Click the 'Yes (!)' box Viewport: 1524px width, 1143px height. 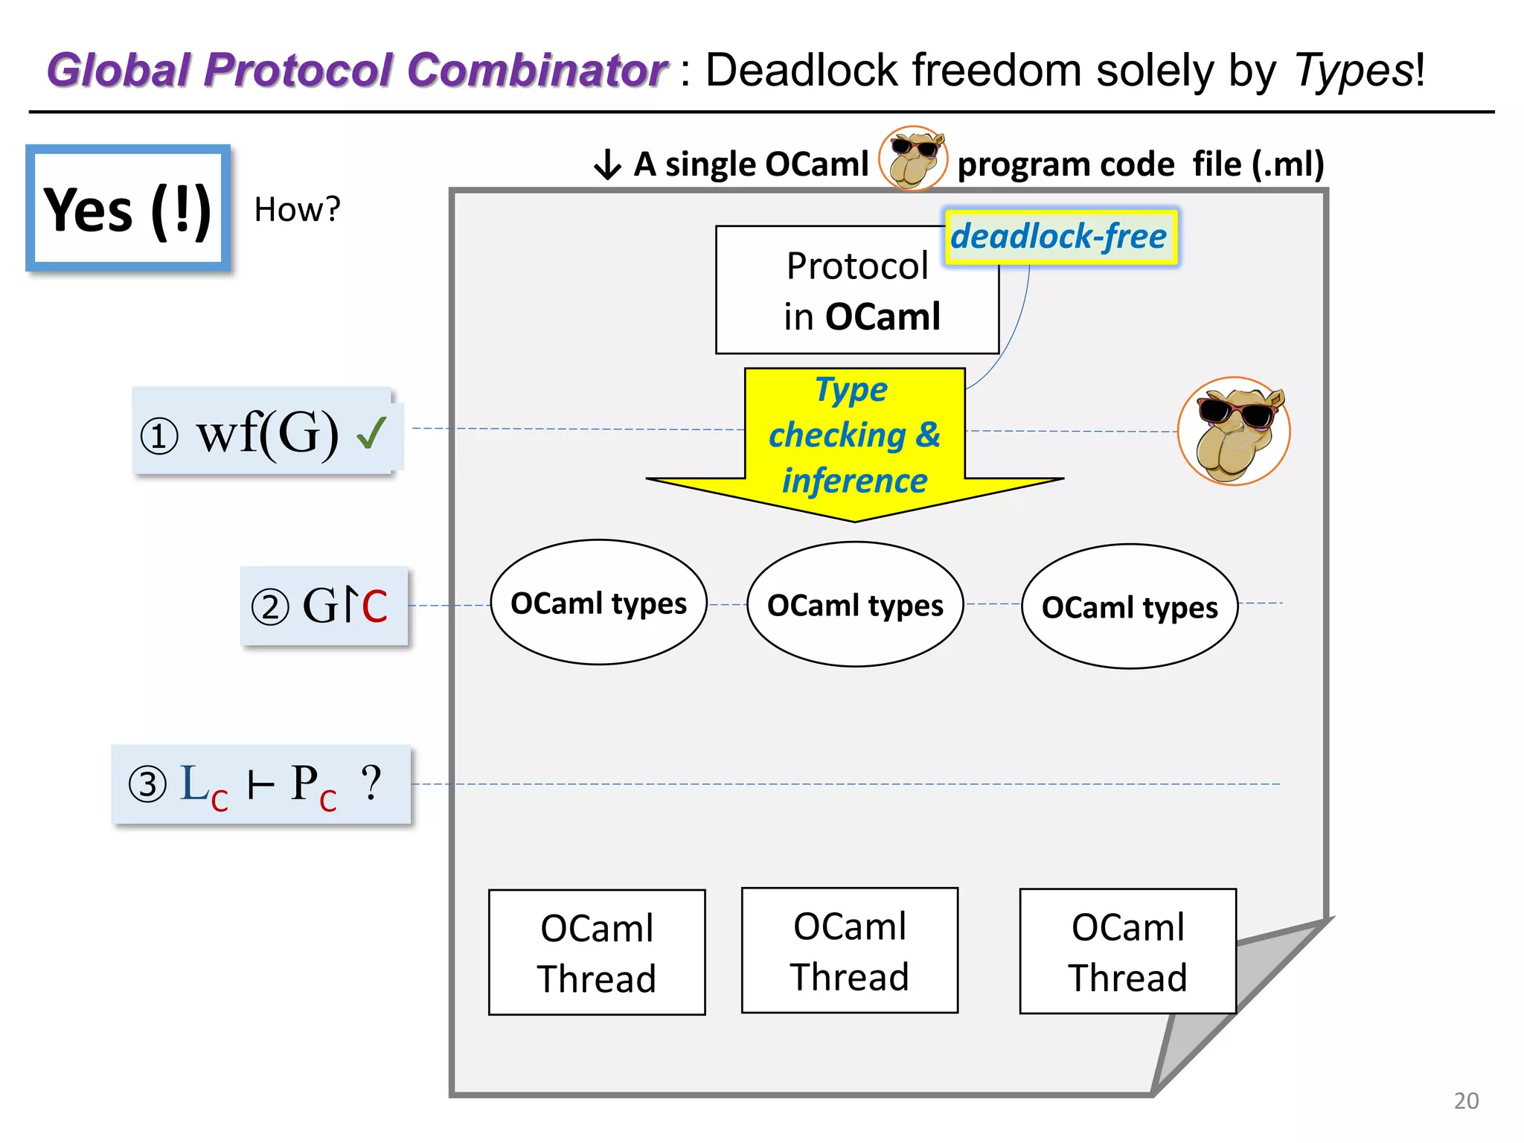[128, 209]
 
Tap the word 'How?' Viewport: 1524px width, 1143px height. [297, 210]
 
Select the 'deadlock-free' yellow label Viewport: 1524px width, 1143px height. [1060, 237]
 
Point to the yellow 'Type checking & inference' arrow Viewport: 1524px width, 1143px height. [854, 439]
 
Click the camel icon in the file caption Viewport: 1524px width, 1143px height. [913, 159]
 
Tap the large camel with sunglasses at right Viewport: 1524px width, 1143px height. [1235, 431]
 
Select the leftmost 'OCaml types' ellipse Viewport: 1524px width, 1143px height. [598, 603]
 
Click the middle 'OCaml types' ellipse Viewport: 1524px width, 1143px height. [855, 605]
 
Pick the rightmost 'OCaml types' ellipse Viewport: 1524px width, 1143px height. [1129, 607]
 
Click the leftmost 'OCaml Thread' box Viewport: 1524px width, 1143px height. [597, 952]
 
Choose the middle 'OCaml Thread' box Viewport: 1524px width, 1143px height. [849, 950]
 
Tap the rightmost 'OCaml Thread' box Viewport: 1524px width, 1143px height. [1127, 951]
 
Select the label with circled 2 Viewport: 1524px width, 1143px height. [324, 606]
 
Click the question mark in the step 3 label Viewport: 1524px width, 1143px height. [371, 782]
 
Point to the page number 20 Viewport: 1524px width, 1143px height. [1465, 1101]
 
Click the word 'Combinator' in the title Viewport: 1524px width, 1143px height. [537, 71]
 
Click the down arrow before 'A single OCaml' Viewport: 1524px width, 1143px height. [607, 164]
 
